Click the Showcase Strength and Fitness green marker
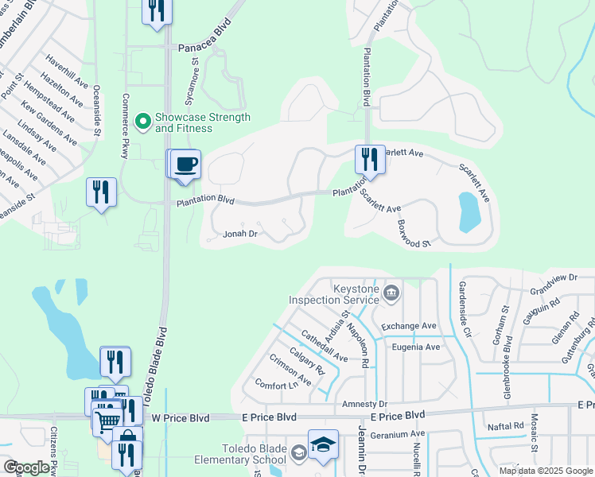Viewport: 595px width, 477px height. pyautogui.click(x=143, y=122)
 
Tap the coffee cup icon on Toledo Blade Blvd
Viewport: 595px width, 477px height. pyautogui.click(x=186, y=164)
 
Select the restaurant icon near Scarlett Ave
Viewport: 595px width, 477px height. pyautogui.click(x=369, y=159)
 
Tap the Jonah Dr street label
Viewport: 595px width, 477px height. pyautogui.click(x=240, y=234)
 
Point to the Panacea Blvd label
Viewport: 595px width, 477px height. pyautogui.click(x=204, y=47)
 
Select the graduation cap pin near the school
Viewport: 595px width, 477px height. pyautogui.click(x=323, y=444)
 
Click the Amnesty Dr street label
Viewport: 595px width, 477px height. pyautogui.click(x=364, y=405)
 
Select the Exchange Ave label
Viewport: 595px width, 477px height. pyautogui.click(x=409, y=326)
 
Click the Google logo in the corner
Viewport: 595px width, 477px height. pyautogui.click(x=26, y=467)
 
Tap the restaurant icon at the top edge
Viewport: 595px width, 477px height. pyautogui.click(x=157, y=10)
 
